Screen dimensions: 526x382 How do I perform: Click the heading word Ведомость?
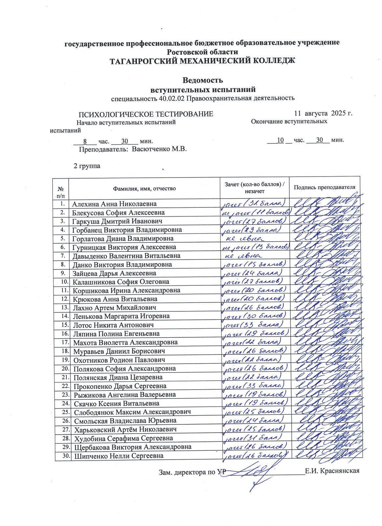[203, 80]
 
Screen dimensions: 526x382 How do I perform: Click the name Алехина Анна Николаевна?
[114, 204]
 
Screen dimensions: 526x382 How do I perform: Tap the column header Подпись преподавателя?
[324, 187]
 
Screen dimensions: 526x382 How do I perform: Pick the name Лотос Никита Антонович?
[113, 325]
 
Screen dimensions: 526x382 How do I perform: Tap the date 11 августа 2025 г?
[323, 113]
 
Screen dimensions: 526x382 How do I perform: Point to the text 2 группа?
[87, 166]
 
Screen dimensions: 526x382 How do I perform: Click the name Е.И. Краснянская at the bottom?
[332, 471]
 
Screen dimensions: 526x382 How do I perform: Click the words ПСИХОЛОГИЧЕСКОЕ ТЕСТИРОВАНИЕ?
[146, 114]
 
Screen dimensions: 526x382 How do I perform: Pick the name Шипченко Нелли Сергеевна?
[119, 456]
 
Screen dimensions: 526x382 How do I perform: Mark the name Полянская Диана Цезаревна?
[118, 377]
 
